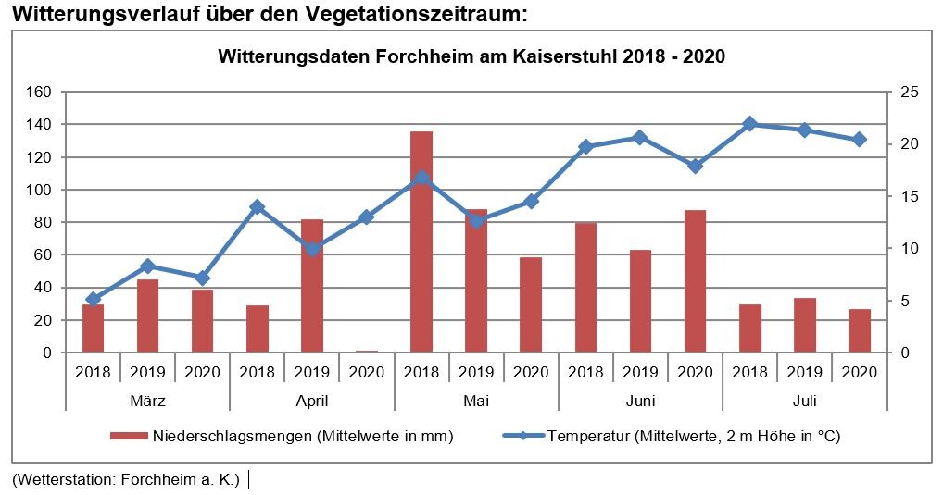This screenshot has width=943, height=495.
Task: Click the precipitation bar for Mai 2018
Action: coord(421,241)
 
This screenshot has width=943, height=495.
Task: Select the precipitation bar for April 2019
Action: coord(312,286)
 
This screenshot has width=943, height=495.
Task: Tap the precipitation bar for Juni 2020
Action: coord(695,281)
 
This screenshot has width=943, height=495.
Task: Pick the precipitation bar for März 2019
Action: coord(148,316)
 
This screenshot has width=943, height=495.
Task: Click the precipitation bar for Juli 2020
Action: coord(859,330)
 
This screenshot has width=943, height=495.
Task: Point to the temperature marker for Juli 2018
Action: coord(749,124)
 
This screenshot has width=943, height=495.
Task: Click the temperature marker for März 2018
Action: coord(94,299)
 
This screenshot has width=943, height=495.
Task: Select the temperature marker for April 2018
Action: coord(258,207)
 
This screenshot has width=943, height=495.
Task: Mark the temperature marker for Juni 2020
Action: coord(695,166)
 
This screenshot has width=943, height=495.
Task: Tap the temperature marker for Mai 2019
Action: coord(476,220)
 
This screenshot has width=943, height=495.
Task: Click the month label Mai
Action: coord(476,402)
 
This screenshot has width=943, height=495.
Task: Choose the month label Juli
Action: coord(804,402)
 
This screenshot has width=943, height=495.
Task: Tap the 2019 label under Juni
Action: coord(640,372)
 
